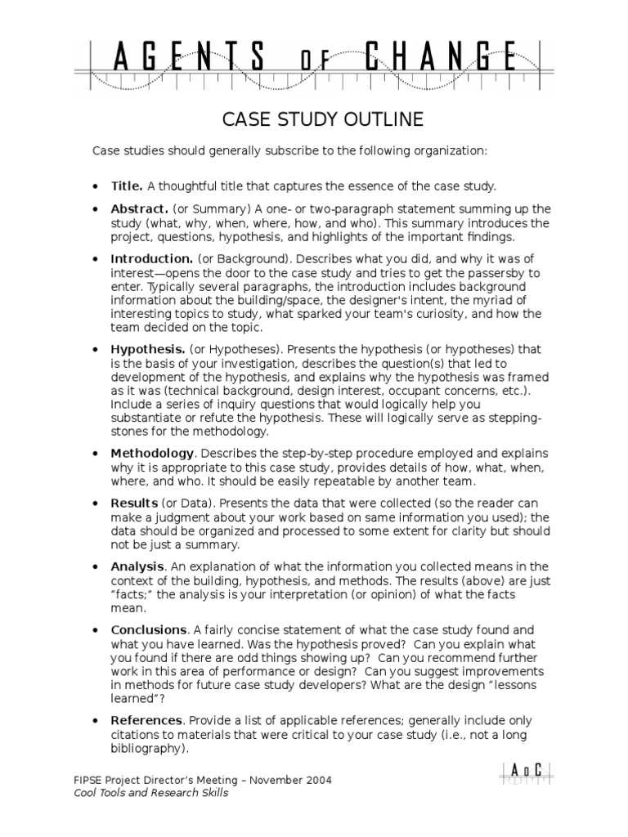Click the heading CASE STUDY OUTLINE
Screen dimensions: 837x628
[323, 120]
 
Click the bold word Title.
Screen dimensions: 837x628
[127, 186]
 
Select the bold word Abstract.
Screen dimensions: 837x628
[139, 208]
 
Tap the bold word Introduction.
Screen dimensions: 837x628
[151, 258]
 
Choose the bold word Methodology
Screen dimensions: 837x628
[153, 453]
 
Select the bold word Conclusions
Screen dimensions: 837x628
[149, 630]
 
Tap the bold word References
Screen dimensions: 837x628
[146, 720]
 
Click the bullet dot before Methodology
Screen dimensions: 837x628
[98, 454]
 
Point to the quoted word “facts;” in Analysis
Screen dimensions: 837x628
[131, 594]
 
